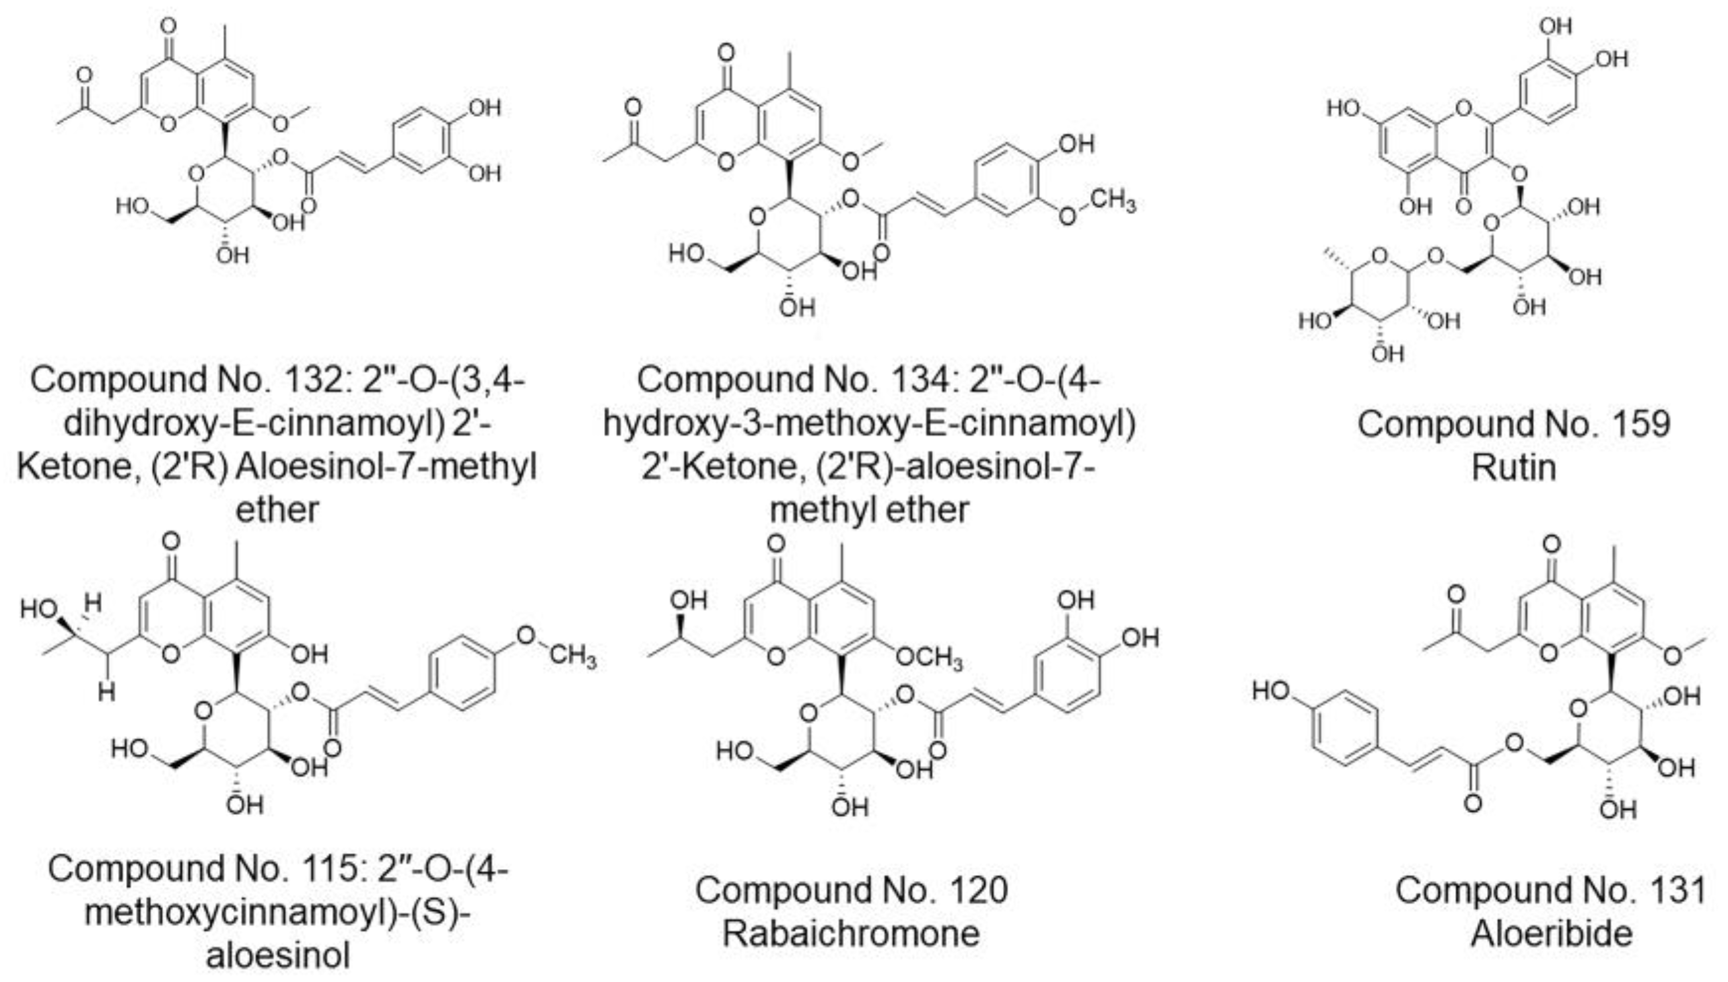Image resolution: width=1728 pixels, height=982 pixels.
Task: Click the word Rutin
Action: pyautogui.click(x=1513, y=468)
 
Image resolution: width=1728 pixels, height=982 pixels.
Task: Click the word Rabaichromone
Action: pyautogui.click(x=851, y=933)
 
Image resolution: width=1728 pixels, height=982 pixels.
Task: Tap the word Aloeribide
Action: pyautogui.click(x=1551, y=933)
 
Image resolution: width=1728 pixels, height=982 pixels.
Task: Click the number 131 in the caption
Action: pyautogui.click(x=1672, y=890)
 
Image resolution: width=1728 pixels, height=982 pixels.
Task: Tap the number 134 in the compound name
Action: pyautogui.click(x=922, y=380)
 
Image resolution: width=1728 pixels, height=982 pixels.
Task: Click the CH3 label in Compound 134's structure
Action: pyautogui.click(x=1113, y=201)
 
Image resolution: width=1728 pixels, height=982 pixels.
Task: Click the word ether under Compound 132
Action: pyautogui.click(x=277, y=510)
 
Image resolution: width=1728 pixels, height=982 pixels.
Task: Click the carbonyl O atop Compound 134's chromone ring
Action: pyautogui.click(x=726, y=53)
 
